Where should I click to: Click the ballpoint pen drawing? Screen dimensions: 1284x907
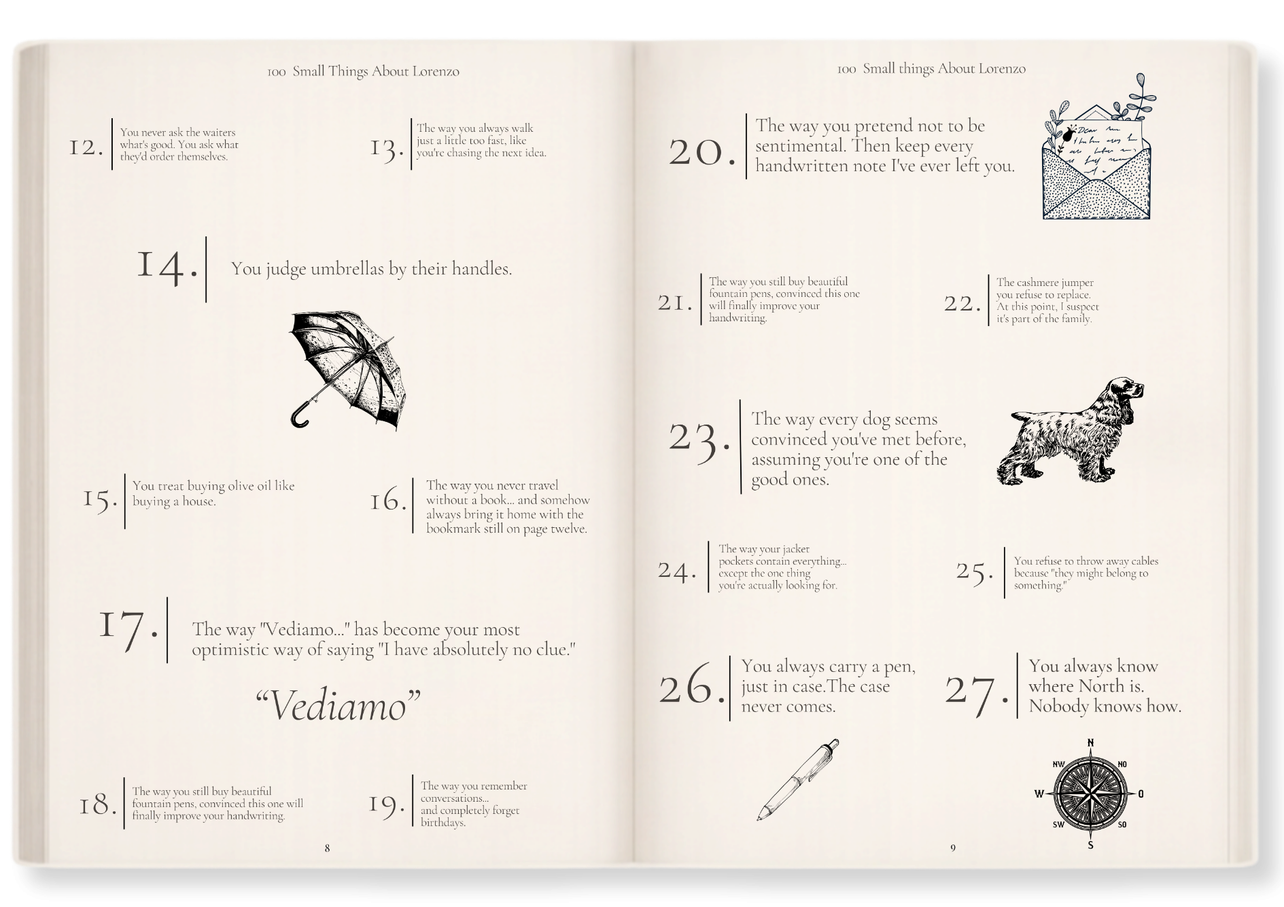pyautogui.click(x=798, y=779)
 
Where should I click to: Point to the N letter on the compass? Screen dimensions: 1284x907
pyautogui.click(x=1090, y=742)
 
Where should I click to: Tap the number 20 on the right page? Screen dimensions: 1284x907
pyautogui.click(x=702, y=152)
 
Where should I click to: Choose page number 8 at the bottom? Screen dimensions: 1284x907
pyautogui.click(x=327, y=848)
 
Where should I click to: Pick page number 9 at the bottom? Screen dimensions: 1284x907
pyautogui.click(x=952, y=848)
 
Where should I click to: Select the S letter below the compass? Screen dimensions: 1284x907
pyautogui.click(x=1090, y=845)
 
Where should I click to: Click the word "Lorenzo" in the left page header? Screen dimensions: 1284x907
pyautogui.click(x=436, y=71)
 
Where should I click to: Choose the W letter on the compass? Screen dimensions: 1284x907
pyautogui.click(x=1039, y=794)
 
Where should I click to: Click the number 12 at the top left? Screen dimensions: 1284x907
pyautogui.click(x=86, y=147)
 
